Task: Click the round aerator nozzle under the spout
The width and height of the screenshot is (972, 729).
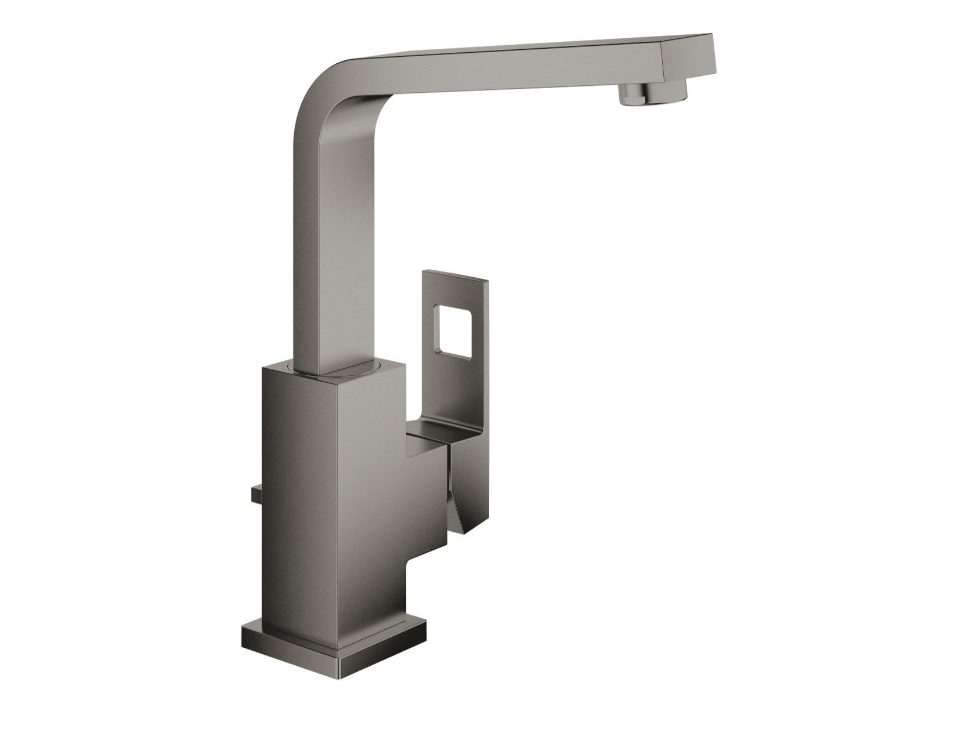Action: click(x=654, y=94)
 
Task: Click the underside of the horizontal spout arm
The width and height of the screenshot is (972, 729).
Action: click(x=493, y=78)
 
